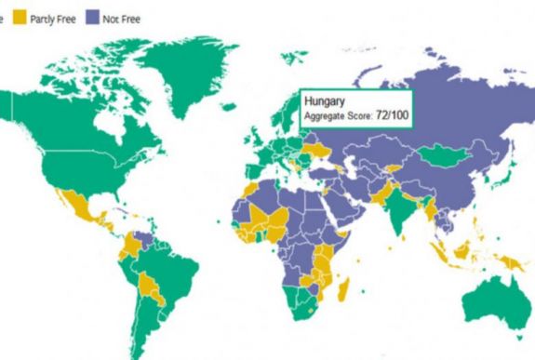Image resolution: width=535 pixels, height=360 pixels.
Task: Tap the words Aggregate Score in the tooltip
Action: (338, 114)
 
